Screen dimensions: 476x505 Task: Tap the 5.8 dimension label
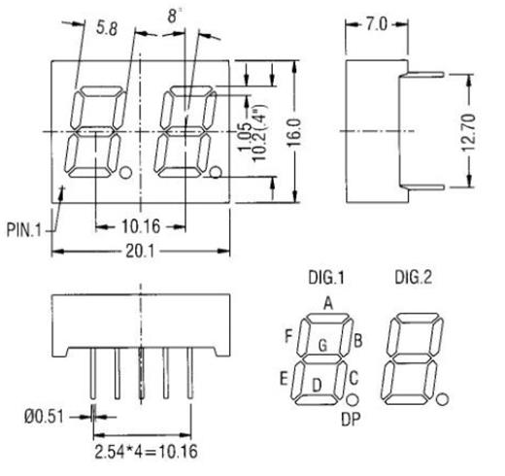(x=107, y=30)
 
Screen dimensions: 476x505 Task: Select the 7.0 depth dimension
(x=374, y=21)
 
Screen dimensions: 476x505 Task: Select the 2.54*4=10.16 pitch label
(x=144, y=451)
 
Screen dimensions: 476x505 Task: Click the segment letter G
(x=322, y=346)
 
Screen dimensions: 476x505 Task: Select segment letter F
(x=288, y=336)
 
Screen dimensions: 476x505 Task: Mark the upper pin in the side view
(x=421, y=71)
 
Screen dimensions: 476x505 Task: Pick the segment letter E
(x=284, y=377)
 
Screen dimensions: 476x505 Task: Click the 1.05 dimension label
(x=247, y=131)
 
